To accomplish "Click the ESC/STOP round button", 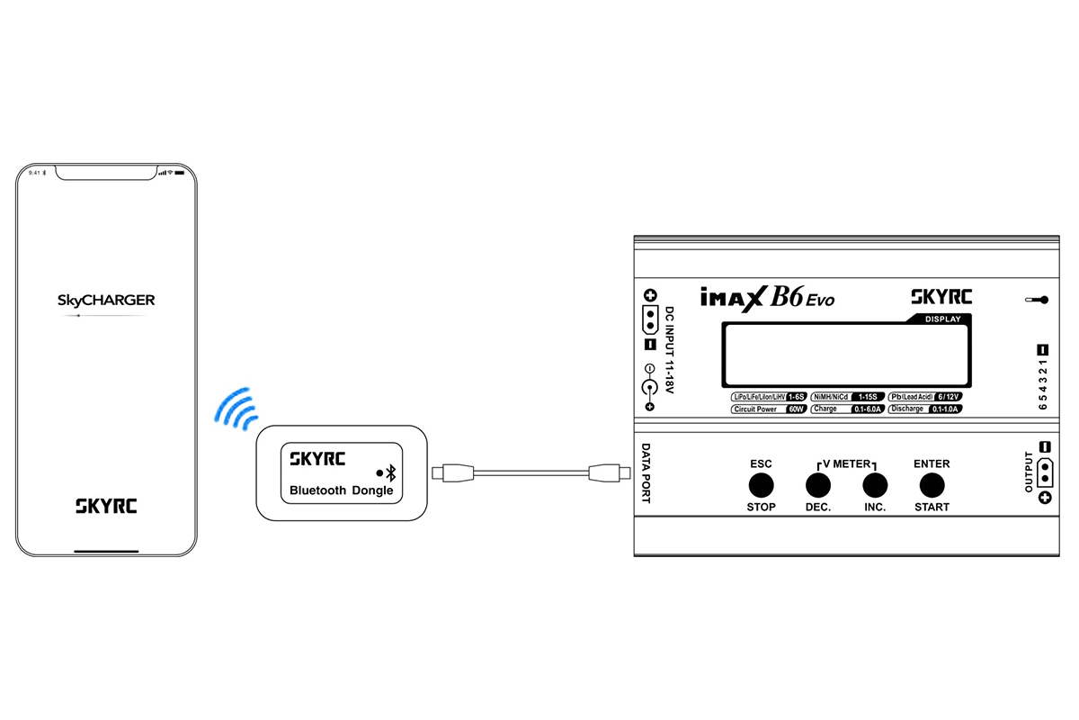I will pyautogui.click(x=761, y=486).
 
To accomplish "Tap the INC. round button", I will pyautogui.click(x=875, y=486).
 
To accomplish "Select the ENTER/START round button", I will pyautogui.click(x=932, y=486).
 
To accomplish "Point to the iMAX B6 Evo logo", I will pyautogui.click(x=766, y=297).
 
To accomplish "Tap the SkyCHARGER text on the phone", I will pyautogui.click(x=106, y=300).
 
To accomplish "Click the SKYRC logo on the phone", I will pyautogui.click(x=106, y=506).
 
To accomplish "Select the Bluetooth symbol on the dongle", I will pyautogui.click(x=391, y=472).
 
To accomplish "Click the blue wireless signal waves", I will pyautogui.click(x=236, y=407).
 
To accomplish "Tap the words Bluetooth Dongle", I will pyautogui.click(x=341, y=491).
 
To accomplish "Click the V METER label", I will pyautogui.click(x=845, y=464).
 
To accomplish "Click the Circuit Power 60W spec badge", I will pyautogui.click(x=769, y=409).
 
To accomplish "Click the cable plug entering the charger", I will pyautogui.click(x=605, y=472).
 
